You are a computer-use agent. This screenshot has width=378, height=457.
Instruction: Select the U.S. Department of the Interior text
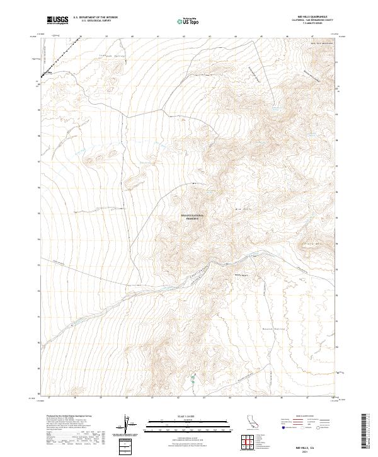pos(95,18)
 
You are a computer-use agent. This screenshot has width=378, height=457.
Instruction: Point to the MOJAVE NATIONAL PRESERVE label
pos(193,217)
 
